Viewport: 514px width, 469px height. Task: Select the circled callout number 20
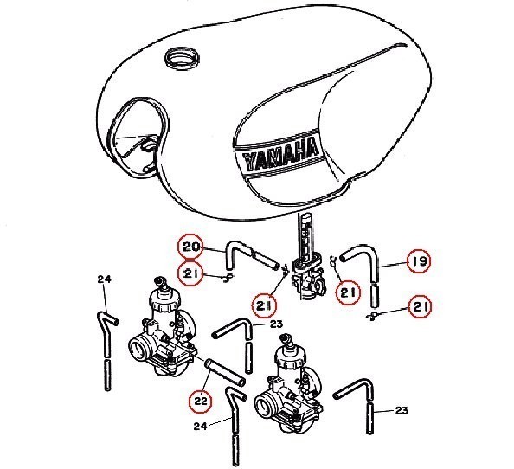coord(190,247)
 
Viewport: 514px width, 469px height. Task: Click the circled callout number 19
coord(419,261)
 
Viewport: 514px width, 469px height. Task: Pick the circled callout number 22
coord(201,401)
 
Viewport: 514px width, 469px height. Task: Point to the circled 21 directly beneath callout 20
coord(190,273)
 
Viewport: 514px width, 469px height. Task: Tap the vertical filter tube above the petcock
coord(305,236)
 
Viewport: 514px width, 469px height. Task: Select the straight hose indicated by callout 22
coord(225,372)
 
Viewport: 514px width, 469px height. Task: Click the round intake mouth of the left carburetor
coord(139,350)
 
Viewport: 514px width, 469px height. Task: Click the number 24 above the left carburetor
coord(104,279)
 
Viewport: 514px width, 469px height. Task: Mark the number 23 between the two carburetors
coord(276,324)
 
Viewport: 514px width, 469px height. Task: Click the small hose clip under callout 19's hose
coord(372,316)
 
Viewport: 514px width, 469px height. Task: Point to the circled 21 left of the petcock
coord(264,305)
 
